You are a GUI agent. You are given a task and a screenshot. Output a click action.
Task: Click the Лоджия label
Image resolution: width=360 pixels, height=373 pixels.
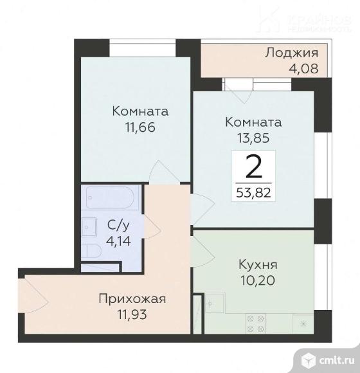(287, 53)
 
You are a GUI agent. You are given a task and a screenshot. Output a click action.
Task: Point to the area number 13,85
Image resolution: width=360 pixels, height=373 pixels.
(253, 136)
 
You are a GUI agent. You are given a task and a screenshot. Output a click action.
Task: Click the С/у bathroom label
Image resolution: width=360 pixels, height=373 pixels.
(116, 225)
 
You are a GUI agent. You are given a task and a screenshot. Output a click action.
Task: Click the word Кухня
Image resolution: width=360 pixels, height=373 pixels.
(256, 264)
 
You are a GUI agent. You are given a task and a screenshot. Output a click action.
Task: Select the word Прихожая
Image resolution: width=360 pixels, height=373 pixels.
(132, 298)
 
